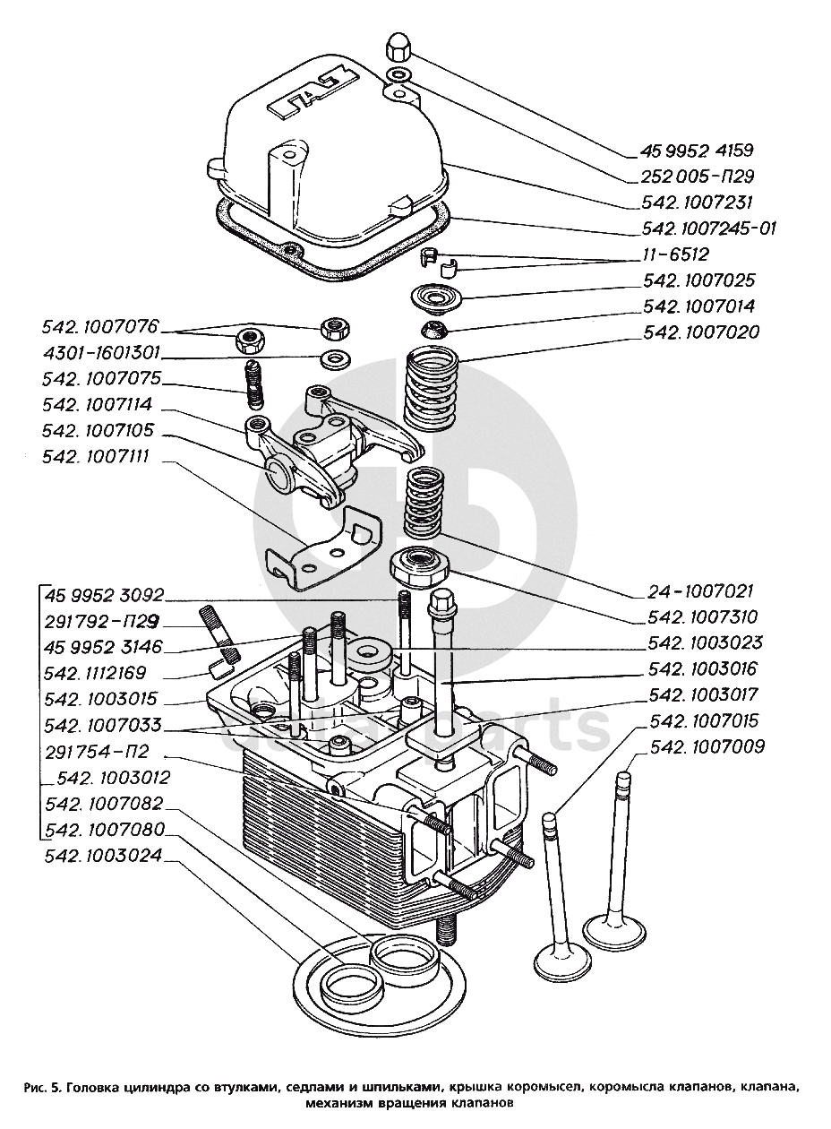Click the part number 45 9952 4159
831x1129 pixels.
click(698, 151)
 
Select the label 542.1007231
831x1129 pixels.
click(698, 203)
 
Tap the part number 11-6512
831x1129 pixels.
click(675, 254)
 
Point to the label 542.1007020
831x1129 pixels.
click(701, 332)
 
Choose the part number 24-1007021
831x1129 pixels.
click(700, 591)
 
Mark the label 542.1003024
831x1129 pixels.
click(103, 856)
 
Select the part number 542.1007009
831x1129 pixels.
click(707, 746)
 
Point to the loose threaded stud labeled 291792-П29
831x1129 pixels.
click(222, 635)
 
